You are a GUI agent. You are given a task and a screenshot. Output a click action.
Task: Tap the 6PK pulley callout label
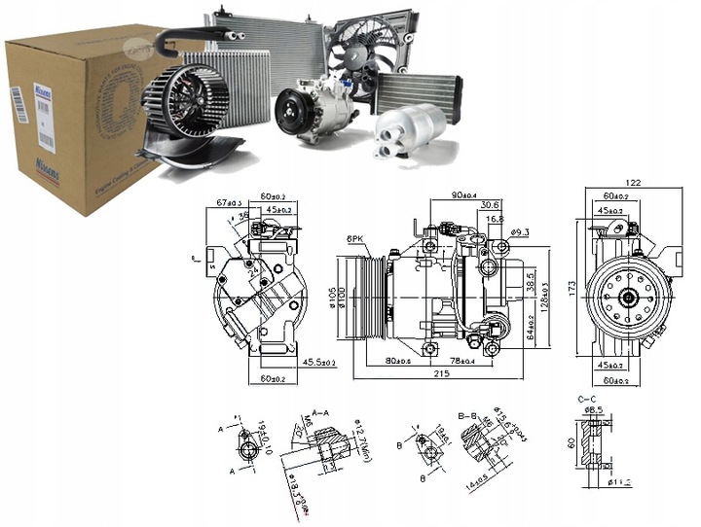[354, 239]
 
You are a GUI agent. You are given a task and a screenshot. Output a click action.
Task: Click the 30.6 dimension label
[490, 205]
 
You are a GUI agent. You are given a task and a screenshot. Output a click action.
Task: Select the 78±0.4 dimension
[462, 363]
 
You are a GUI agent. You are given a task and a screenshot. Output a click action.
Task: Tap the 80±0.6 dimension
[398, 363]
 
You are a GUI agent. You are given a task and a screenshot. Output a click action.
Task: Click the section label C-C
[587, 399]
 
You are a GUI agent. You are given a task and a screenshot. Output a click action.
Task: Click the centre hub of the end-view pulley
[628, 295]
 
